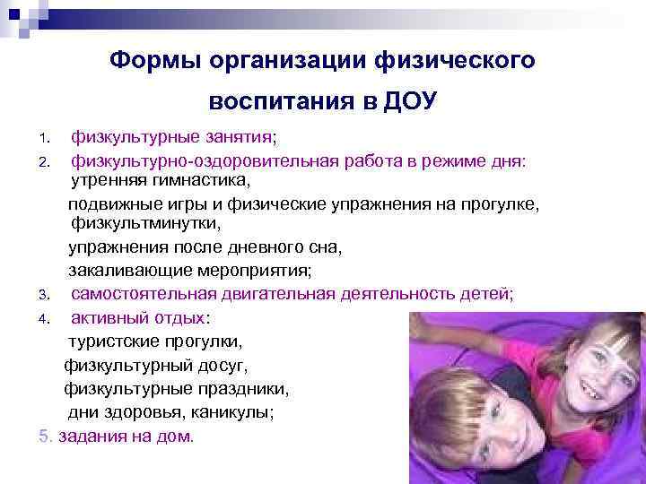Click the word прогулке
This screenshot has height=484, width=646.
point(501,204)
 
